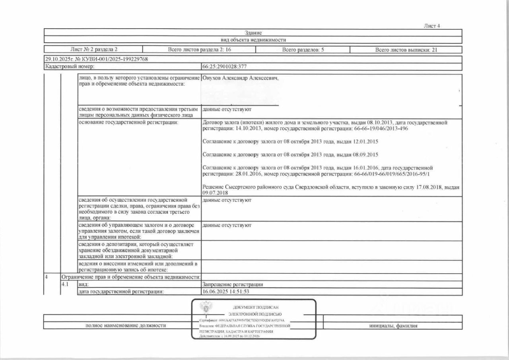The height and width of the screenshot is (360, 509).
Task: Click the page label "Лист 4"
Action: point(432,26)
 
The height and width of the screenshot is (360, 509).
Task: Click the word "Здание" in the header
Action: point(253,33)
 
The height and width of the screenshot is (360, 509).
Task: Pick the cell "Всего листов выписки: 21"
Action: point(406,50)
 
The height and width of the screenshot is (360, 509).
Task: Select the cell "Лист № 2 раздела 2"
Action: point(93,50)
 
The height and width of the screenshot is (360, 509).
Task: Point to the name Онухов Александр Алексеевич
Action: point(240,78)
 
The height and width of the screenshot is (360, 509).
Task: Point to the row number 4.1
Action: point(65,284)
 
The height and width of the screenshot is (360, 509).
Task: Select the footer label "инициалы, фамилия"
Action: point(393,326)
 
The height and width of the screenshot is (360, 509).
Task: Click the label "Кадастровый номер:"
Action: point(70,67)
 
